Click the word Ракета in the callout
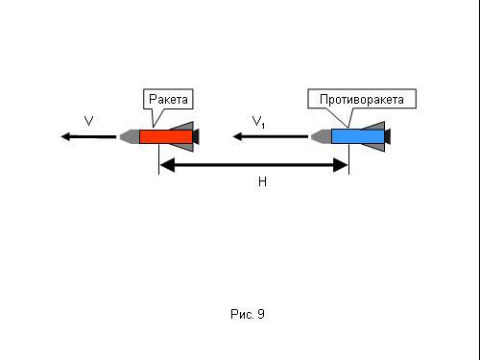pyautogui.click(x=168, y=99)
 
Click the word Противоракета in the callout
pyautogui.click(x=362, y=100)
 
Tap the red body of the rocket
pyautogui.click(x=166, y=136)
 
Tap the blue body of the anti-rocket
pyautogui.click(x=358, y=136)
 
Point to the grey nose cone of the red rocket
pyautogui.click(x=130, y=136)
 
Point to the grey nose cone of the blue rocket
pyautogui.click(x=322, y=136)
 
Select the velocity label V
pyautogui.click(x=88, y=121)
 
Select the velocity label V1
pyautogui.click(x=258, y=122)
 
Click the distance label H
pyautogui.click(x=262, y=181)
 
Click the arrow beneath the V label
pyautogui.click(x=88, y=136)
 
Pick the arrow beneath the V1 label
pyautogui.click(x=271, y=136)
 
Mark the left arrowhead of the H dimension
pyautogui.click(x=167, y=165)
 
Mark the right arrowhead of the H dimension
pyautogui.click(x=341, y=165)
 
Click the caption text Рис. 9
pyautogui.click(x=248, y=314)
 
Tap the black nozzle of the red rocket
pyautogui.click(x=196, y=136)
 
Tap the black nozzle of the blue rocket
pyautogui.click(x=388, y=136)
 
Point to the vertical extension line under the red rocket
pyautogui.click(x=158, y=159)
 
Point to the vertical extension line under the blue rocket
pyautogui.click(x=348, y=159)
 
